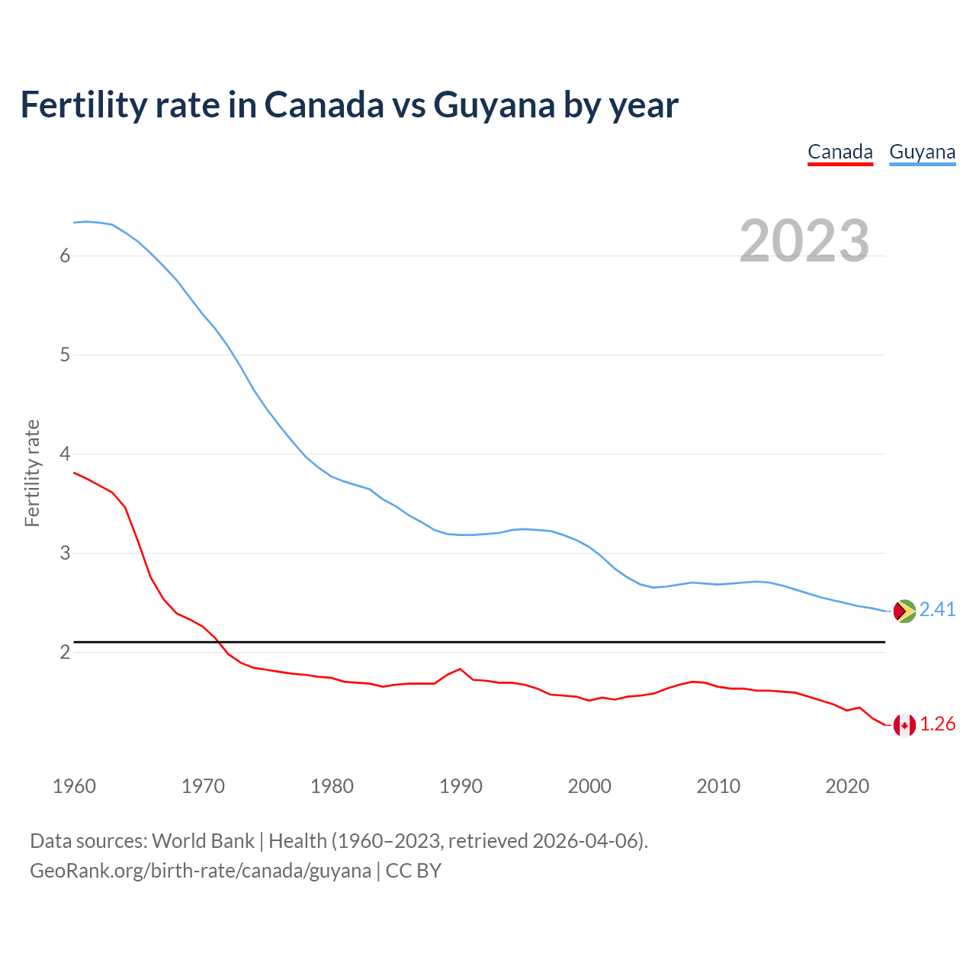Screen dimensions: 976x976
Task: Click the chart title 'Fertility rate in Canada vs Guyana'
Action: (x=348, y=105)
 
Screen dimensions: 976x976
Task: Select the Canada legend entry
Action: (x=840, y=152)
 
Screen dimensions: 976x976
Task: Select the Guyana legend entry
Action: (x=922, y=152)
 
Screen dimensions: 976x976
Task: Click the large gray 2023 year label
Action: (x=804, y=241)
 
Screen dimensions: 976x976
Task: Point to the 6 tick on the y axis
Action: (x=65, y=256)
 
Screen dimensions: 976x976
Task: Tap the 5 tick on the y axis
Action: (x=65, y=355)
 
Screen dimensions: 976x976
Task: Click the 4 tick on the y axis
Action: (x=65, y=454)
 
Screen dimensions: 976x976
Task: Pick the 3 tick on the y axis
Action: (x=65, y=554)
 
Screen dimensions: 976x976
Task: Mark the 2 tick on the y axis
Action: (x=65, y=653)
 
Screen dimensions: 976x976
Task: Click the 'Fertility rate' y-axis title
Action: (x=32, y=473)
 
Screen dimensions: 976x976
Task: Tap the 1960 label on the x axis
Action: (x=74, y=786)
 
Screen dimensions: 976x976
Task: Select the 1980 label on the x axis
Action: (x=332, y=786)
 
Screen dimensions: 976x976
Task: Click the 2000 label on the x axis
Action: (x=589, y=786)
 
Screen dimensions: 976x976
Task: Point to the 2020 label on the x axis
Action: (x=847, y=786)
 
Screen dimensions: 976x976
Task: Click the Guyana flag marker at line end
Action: (x=904, y=612)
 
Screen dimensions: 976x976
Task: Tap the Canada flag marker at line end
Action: (x=904, y=725)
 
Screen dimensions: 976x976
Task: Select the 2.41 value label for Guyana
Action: (x=937, y=610)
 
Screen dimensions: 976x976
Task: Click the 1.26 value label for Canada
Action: (x=937, y=724)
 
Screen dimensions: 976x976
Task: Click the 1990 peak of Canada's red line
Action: (x=460, y=669)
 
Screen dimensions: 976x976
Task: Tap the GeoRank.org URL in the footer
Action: (x=201, y=871)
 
